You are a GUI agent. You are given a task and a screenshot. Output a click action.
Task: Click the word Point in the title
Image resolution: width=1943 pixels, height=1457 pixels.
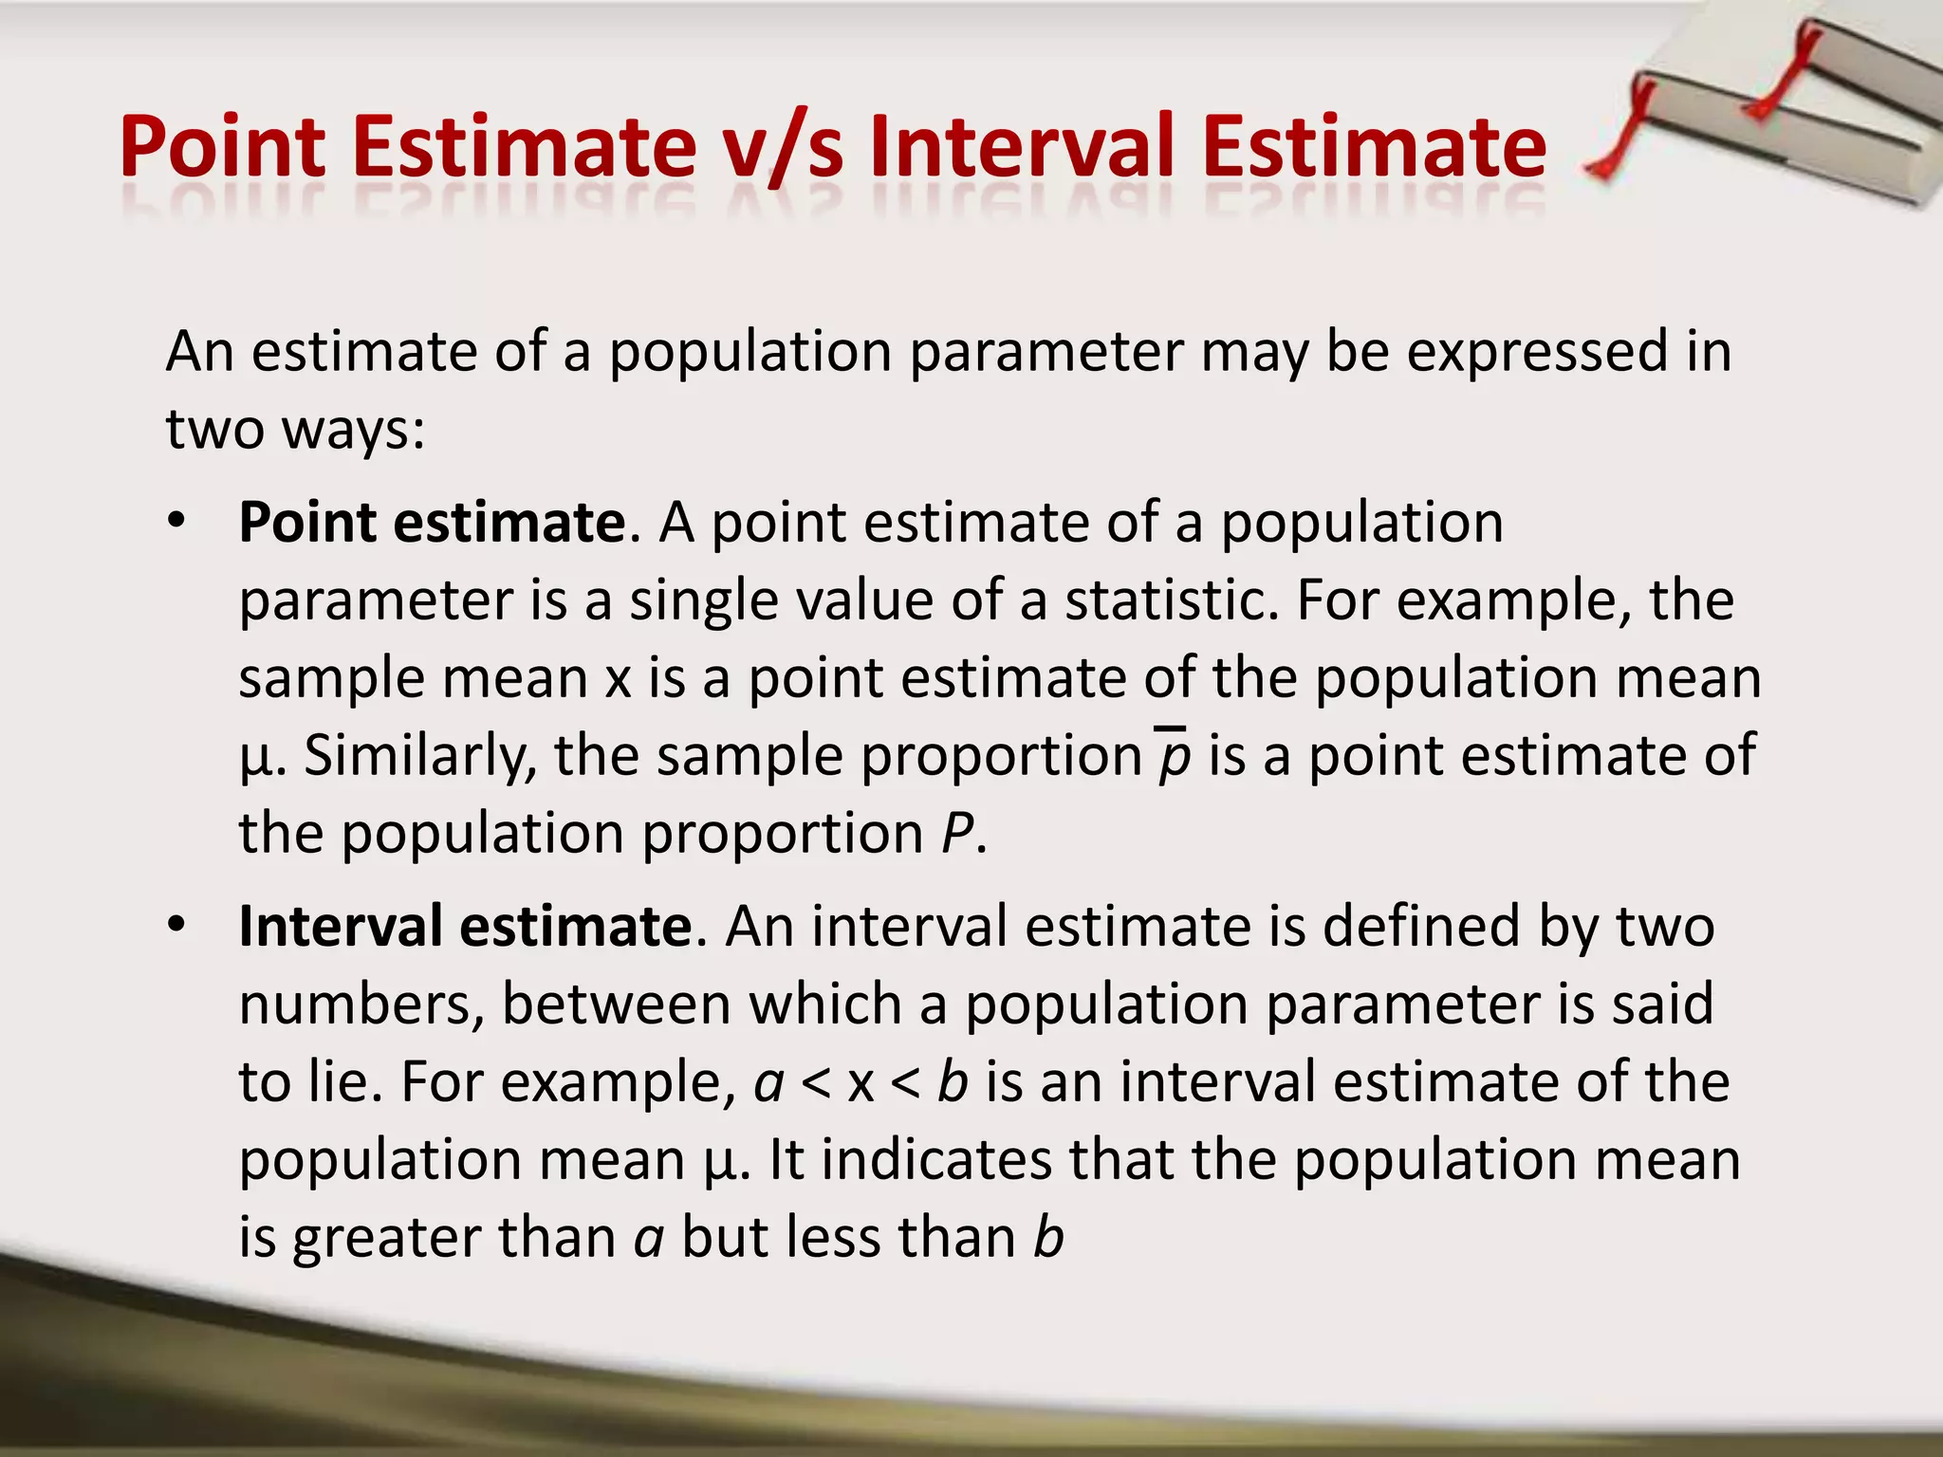coord(223,147)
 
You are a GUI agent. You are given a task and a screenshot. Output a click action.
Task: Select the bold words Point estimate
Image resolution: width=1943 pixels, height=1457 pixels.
coord(432,524)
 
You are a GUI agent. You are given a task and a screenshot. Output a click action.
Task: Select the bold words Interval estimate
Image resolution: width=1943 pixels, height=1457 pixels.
coord(466,927)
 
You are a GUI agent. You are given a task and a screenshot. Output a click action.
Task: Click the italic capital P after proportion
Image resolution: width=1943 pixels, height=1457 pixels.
coord(957,834)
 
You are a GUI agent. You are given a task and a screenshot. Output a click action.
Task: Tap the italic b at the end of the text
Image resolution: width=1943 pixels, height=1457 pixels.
coord(1048,1238)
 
